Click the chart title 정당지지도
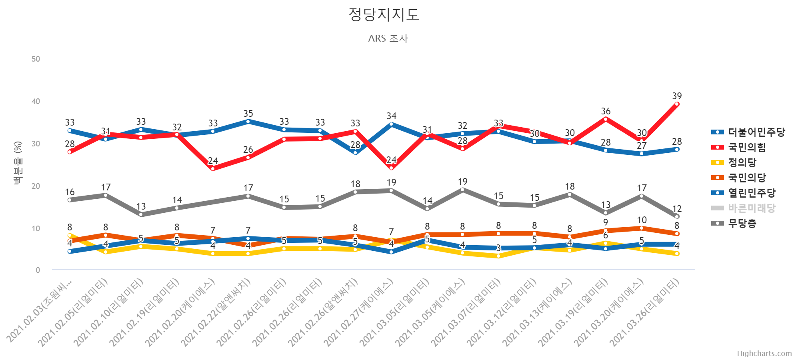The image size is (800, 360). [x=384, y=15]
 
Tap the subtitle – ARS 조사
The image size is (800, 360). [x=384, y=39]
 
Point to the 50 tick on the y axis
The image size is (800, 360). [x=36, y=59]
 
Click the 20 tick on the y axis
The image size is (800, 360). [x=36, y=186]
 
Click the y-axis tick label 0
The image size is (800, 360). [x=38, y=270]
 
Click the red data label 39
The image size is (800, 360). [x=677, y=96]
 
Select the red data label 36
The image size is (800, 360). [x=606, y=111]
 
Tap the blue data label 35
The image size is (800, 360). [x=248, y=114]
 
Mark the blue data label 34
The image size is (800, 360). [x=391, y=116]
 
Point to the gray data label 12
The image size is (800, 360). [x=677, y=208]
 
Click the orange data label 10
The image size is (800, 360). [x=642, y=220]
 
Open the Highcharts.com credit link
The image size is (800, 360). [x=764, y=354]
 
